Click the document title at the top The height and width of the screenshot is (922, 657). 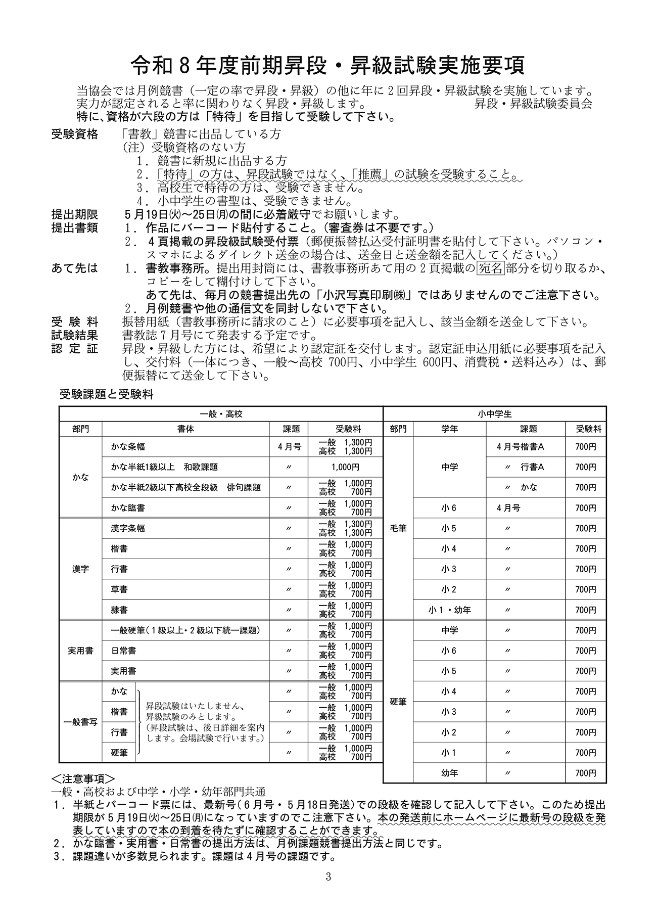(328, 65)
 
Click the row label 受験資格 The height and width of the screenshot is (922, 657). (75, 134)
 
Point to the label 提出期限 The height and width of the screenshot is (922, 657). (75, 215)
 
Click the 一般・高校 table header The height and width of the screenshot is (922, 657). (221, 414)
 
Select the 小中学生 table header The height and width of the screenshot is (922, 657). (495, 414)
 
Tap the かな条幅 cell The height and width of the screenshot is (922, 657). (128, 447)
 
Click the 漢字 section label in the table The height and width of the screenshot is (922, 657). (80, 569)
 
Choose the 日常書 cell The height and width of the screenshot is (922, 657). (123, 651)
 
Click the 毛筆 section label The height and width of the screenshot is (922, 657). (398, 528)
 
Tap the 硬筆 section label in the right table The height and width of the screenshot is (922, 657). (398, 702)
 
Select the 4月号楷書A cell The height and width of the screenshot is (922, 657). (520, 447)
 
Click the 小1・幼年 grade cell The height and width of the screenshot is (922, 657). (449, 610)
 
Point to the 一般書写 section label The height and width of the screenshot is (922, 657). (80, 722)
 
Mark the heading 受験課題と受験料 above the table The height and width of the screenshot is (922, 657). (106, 395)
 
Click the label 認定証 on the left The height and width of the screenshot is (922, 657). (75, 349)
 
